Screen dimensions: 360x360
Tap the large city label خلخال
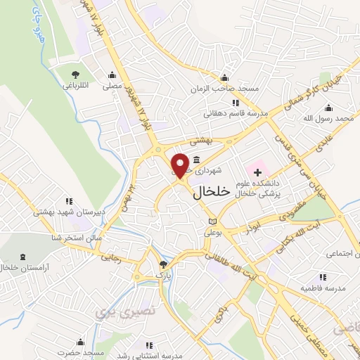(x=210, y=191)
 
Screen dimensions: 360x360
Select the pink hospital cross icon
(x=257, y=171)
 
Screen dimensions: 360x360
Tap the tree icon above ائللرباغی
(x=75, y=75)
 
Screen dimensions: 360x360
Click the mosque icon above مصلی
(x=112, y=75)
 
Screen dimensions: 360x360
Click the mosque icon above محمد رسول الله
(x=328, y=108)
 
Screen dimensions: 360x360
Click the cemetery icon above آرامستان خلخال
(x=23, y=256)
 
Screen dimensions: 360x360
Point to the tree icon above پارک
(x=163, y=264)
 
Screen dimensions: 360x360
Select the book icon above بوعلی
(x=212, y=222)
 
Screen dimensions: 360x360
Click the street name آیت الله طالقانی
(x=232, y=267)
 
